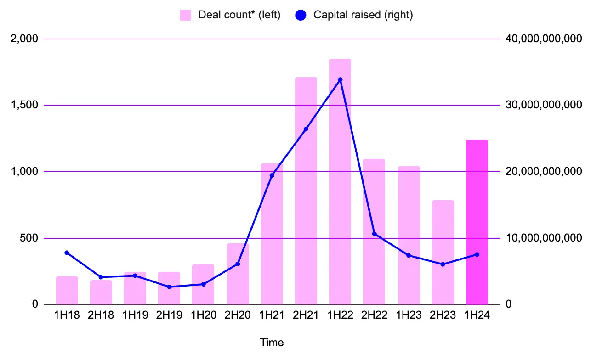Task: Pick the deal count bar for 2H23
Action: coord(443,252)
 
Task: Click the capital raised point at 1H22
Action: coord(340,79)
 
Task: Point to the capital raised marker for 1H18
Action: coord(67,253)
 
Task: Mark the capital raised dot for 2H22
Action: coord(374,234)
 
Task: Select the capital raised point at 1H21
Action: coord(272,175)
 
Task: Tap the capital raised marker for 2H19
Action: coord(169,287)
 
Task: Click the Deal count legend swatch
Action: coord(185,15)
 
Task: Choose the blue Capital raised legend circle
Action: coord(301,15)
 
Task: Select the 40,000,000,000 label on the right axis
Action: coord(544,39)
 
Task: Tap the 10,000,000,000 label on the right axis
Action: coord(544,238)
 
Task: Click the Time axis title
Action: coord(272,343)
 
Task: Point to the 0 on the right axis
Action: coord(508,304)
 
